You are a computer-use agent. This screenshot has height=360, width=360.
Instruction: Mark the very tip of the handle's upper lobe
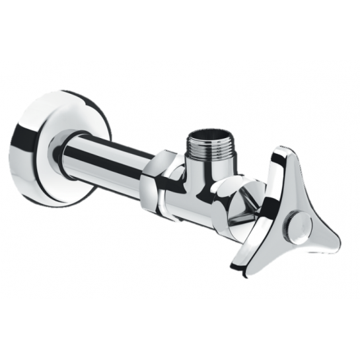[283, 149]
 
